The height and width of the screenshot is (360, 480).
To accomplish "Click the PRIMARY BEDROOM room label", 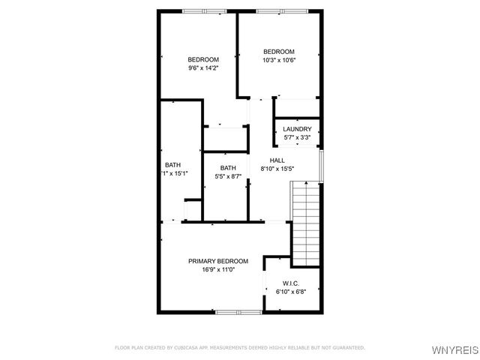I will (217, 261).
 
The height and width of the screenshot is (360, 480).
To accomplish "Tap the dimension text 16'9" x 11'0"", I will (217, 269).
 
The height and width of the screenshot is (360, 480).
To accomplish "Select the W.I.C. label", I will (292, 283).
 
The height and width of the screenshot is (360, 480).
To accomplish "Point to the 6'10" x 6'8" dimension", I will (292, 291).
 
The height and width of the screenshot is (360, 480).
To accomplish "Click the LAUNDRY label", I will (297, 129).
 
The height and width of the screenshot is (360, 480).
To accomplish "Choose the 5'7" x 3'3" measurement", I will (297, 137).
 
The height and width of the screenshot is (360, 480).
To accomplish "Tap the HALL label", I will (277, 160).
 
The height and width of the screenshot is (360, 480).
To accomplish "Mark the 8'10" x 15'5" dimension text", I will (277, 169).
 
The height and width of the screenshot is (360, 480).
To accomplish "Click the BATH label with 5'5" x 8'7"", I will (228, 168).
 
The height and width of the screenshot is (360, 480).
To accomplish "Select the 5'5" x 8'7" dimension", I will (228, 176).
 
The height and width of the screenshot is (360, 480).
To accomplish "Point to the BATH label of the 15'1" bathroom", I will (172, 165).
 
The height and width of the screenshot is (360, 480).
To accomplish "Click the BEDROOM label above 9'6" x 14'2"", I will (202, 60).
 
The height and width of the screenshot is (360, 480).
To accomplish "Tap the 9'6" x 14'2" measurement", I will (202, 68).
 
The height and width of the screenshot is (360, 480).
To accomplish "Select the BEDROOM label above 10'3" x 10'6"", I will (278, 52).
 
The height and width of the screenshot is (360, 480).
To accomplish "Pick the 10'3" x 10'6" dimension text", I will (278, 60).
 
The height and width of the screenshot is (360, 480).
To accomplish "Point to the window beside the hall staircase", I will (321, 166).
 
